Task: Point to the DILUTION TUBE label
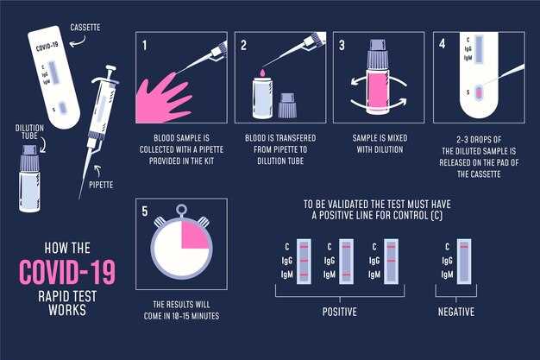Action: pyautogui.click(x=29, y=131)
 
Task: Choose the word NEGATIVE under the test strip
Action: pyautogui.click(x=455, y=311)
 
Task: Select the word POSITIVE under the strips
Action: pyautogui.click(x=339, y=311)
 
